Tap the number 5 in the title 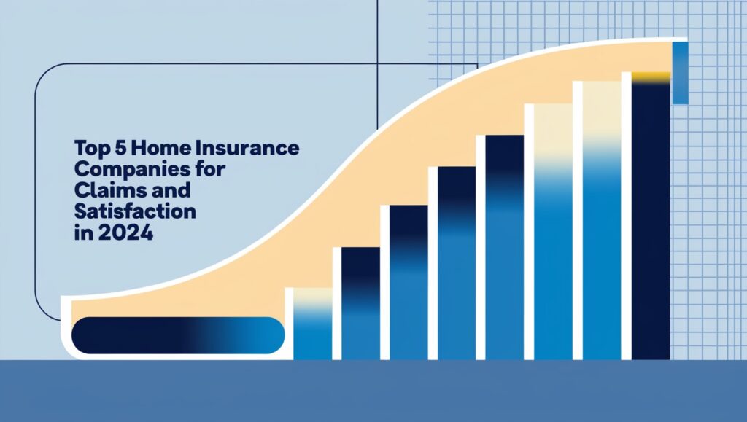pos(119,149)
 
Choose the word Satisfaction pos(135,211)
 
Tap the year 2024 pos(125,233)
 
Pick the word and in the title pos(169,190)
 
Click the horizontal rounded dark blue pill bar pos(178,335)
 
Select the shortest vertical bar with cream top pos(312,324)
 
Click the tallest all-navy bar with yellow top pos(651,216)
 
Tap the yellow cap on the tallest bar pos(651,77)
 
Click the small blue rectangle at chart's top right pos(681,73)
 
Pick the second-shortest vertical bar pos(360,303)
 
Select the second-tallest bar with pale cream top pos(602,221)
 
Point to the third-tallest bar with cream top pos(553,232)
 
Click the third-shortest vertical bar pos(409,283)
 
